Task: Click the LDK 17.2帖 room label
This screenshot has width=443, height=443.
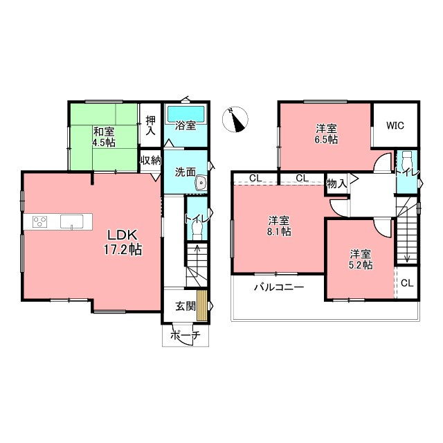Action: pyautogui.click(x=123, y=242)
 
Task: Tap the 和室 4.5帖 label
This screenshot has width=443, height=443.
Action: pyautogui.click(x=105, y=137)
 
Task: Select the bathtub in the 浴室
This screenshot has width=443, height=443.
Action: pyautogui.click(x=186, y=114)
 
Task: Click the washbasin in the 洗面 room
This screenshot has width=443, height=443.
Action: pyautogui.click(x=201, y=183)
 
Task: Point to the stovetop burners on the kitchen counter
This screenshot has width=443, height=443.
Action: pyautogui.click(x=39, y=221)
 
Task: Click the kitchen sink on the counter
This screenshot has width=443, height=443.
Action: pyautogui.click(x=72, y=221)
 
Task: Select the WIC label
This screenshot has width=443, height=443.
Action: pyautogui.click(x=395, y=125)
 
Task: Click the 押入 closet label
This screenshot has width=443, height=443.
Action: pyautogui.click(x=151, y=125)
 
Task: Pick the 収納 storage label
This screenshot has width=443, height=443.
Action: pyautogui.click(x=151, y=161)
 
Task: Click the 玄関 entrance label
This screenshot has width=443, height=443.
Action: pyautogui.click(x=186, y=306)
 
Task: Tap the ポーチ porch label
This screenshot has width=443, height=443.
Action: pyautogui.click(x=186, y=335)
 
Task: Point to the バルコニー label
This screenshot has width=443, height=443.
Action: pyautogui.click(x=279, y=287)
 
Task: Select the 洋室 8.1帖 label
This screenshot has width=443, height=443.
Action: pyautogui.click(x=279, y=226)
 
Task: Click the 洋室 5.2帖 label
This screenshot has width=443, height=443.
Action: pyautogui.click(x=361, y=260)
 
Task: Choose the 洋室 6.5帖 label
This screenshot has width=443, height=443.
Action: pyautogui.click(x=326, y=134)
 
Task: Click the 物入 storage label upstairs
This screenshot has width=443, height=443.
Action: pyautogui.click(x=336, y=184)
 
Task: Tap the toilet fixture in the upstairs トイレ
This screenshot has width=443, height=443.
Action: pyautogui.click(x=407, y=160)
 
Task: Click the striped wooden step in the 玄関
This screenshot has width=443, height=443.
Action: pyautogui.click(x=201, y=305)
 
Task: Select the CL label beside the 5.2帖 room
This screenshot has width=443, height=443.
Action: pyautogui.click(x=407, y=283)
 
